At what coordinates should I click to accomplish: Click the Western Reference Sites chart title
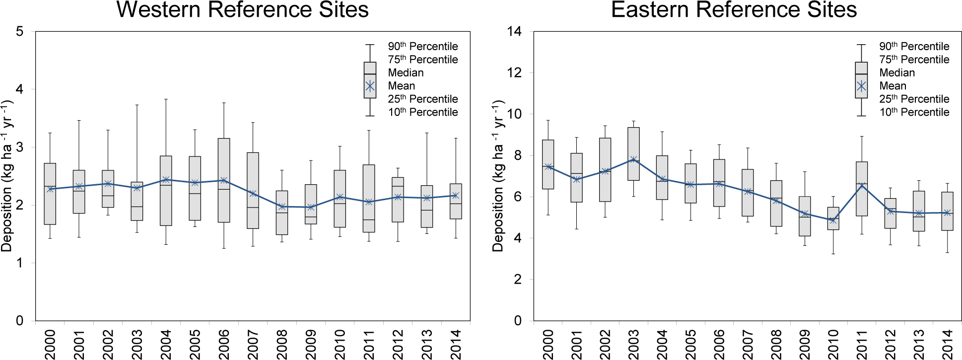point(242,10)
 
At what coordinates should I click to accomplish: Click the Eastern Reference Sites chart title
point(734,10)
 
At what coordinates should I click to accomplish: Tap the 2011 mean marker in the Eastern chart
point(862,186)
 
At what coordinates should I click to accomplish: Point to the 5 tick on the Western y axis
point(20,32)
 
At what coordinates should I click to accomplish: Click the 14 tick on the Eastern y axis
point(514,32)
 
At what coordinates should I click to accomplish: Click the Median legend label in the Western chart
point(406,73)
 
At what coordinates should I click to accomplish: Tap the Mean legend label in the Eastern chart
point(893,86)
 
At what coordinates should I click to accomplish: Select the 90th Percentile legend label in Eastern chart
point(914,47)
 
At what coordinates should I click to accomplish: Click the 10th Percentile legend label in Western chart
point(422,112)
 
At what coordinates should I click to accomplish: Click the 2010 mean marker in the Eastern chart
point(833,220)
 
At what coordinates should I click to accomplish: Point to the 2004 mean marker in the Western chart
point(166,180)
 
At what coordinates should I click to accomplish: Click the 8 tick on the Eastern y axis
point(518,155)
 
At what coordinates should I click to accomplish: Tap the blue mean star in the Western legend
point(370,86)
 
